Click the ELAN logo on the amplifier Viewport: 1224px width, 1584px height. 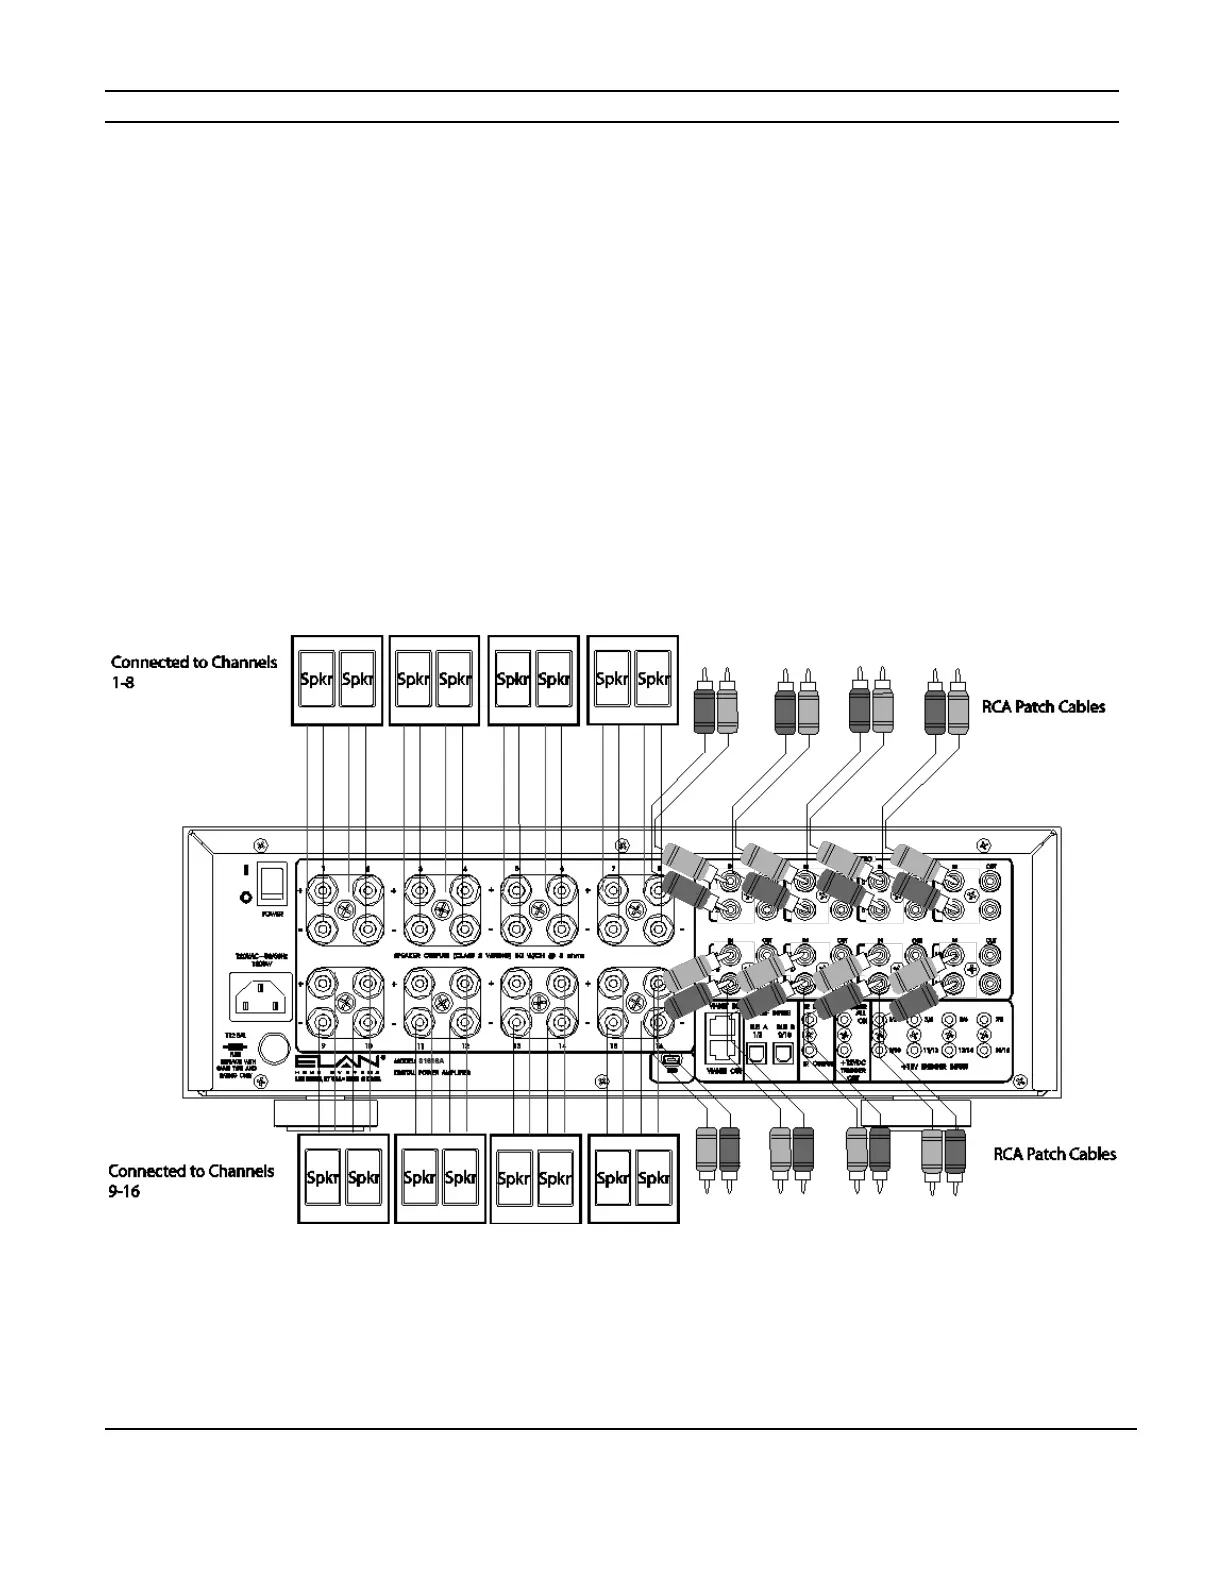pyautogui.click(x=336, y=1060)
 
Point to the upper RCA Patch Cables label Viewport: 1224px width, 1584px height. pyautogui.click(x=1043, y=706)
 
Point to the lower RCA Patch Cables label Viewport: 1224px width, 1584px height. pyautogui.click(x=1054, y=1153)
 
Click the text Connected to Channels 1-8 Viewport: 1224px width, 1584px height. pyautogui.click(x=193, y=671)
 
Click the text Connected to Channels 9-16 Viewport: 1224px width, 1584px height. pyautogui.click(x=191, y=1180)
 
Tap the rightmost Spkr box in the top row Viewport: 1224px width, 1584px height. pyautogui.click(x=653, y=679)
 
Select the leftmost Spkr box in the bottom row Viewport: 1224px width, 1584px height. pyautogui.click(x=323, y=1178)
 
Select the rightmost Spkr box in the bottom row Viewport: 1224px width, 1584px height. pyautogui.click(x=653, y=1178)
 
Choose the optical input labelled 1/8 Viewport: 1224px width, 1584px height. pyautogui.click(x=757, y=1053)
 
